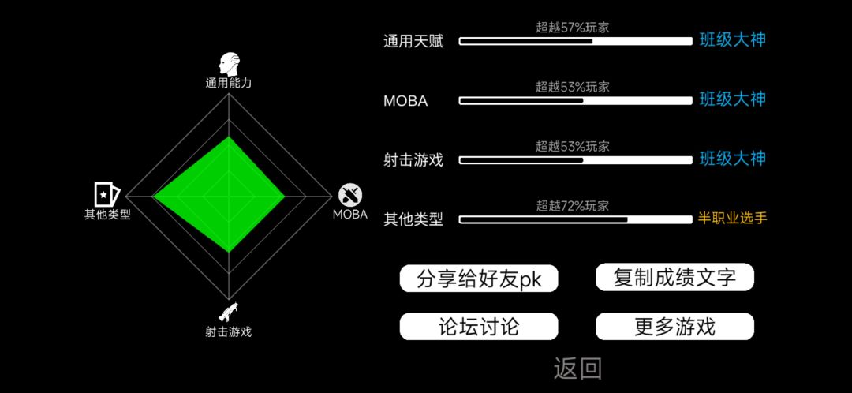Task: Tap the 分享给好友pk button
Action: pos(479,279)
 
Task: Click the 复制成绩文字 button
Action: pos(674,277)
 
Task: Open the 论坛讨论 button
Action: pos(479,327)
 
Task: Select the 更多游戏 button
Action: pos(674,327)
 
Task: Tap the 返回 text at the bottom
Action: pos(577,369)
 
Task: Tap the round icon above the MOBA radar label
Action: pos(350,195)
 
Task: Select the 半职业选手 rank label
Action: pos(732,219)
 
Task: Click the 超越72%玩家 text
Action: pos(572,205)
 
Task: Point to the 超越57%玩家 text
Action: pos(572,27)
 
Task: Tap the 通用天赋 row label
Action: pos(413,41)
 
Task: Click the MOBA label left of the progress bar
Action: pos(405,101)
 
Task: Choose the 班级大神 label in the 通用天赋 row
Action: pos(732,40)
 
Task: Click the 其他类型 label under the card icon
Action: pos(107,214)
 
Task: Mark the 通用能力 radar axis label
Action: pos(228,83)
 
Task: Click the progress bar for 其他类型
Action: pos(576,219)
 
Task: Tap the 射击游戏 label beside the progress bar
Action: pos(413,160)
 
